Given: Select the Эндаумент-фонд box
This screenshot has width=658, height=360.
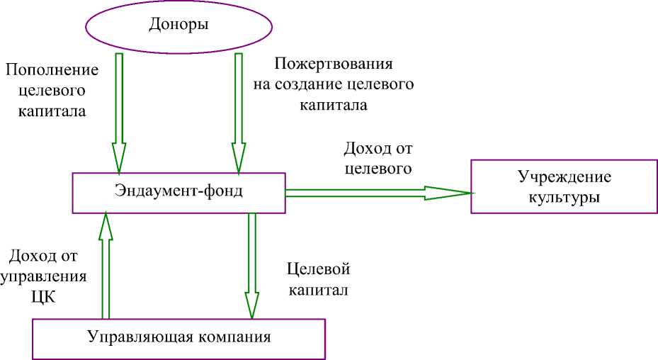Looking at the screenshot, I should (178, 191).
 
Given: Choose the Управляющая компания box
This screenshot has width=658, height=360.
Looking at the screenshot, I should (179, 337).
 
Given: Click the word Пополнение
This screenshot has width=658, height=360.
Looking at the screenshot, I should (50, 71).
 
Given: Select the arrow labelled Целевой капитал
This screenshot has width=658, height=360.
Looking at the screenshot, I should (251, 262).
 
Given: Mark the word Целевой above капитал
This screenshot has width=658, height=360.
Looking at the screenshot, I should (319, 270).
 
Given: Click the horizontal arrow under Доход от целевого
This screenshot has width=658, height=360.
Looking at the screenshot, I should (368, 191).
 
